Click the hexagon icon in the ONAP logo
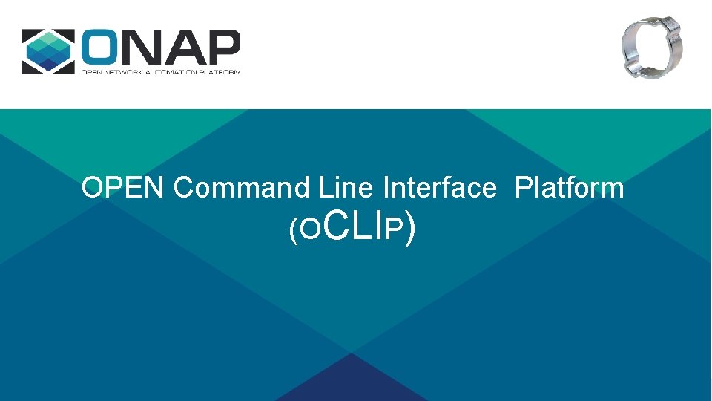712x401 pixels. pyautogui.click(x=48, y=51)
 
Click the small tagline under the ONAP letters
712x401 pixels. pyautogui.click(x=160, y=71)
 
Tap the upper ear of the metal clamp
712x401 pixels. pyautogui.click(x=673, y=28)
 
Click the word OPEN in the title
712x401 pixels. pyautogui.click(x=122, y=188)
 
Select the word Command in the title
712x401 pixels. pyautogui.click(x=241, y=188)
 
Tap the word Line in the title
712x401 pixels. pyautogui.click(x=346, y=188)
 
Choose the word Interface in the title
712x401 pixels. pyautogui.click(x=439, y=188)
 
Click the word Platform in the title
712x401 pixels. pyautogui.click(x=569, y=188)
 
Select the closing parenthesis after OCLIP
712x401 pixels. pyautogui.click(x=410, y=230)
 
